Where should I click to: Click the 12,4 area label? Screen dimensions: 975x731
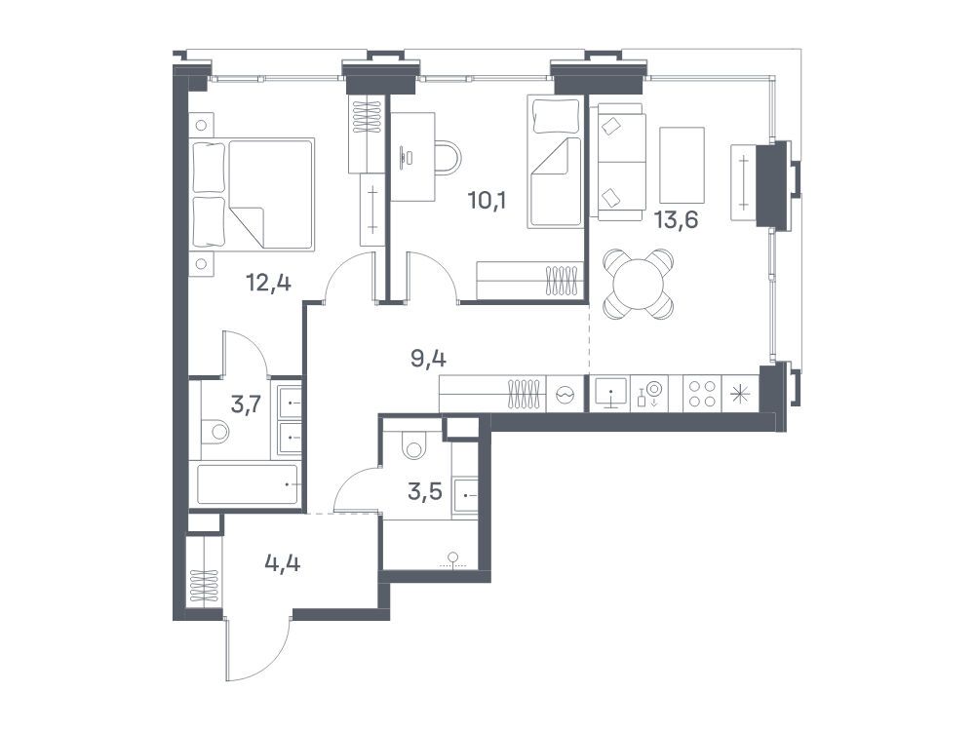pyautogui.click(x=269, y=284)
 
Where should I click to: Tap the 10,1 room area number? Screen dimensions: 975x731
pyautogui.click(x=487, y=201)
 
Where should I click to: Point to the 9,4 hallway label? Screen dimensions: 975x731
pyautogui.click(x=429, y=360)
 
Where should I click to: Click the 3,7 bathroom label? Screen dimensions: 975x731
pyautogui.click(x=246, y=405)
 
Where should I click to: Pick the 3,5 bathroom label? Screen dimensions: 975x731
pyautogui.click(x=425, y=491)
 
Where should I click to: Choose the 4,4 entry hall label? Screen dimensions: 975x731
pyautogui.click(x=283, y=563)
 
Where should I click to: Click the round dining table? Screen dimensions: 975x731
pyautogui.click(x=639, y=284)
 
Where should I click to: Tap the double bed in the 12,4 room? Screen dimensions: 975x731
pyautogui.click(x=253, y=194)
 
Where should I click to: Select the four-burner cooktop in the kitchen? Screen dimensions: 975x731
pyautogui.click(x=701, y=393)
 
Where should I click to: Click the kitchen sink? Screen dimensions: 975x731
pyautogui.click(x=610, y=393)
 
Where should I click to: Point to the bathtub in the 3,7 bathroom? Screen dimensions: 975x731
pyautogui.click(x=248, y=484)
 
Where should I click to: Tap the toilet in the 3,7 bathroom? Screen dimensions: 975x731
pyautogui.click(x=214, y=431)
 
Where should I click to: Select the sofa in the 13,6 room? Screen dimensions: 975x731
pyautogui.click(x=620, y=162)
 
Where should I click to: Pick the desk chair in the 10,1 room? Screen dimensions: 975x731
pyautogui.click(x=448, y=157)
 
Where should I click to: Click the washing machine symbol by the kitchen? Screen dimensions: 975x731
pyautogui.click(x=565, y=394)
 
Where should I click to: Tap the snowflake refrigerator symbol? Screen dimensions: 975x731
pyautogui.click(x=740, y=394)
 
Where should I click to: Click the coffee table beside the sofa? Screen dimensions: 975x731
pyautogui.click(x=682, y=165)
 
